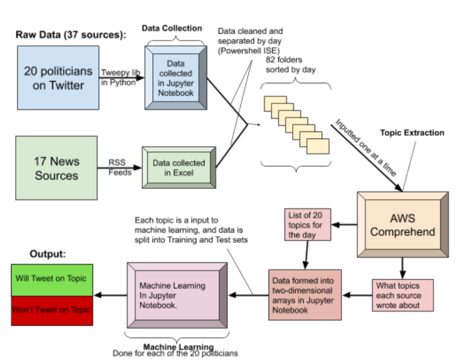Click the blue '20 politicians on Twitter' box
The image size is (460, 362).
[x=58, y=77]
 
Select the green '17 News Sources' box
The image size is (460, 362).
[x=56, y=168]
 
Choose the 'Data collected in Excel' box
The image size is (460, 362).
[x=179, y=167]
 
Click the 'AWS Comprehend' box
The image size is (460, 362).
[x=402, y=224]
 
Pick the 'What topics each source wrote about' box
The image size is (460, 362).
[x=403, y=295]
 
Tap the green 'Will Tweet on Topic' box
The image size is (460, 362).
[x=52, y=279]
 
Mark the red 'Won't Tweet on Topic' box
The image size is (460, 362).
[x=52, y=310]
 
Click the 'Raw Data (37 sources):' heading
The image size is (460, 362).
[x=71, y=35]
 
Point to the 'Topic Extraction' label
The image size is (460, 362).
[x=412, y=133]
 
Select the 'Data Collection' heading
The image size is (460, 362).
[x=172, y=28]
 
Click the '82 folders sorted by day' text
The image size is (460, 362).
[x=291, y=65]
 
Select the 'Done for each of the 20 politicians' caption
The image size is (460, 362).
[x=175, y=353]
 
